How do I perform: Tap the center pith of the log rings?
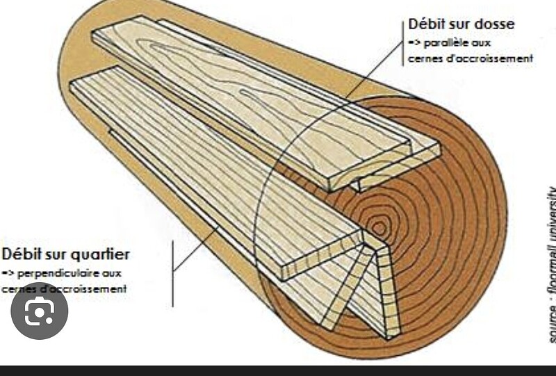[379, 227]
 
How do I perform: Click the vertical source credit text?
[551, 264]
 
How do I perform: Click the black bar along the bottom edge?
[278, 370]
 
